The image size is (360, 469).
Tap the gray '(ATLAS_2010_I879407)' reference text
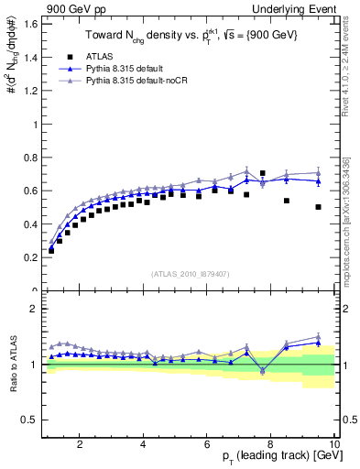(189, 275)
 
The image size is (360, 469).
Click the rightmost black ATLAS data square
(318, 207)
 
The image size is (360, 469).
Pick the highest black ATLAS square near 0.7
(263, 173)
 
